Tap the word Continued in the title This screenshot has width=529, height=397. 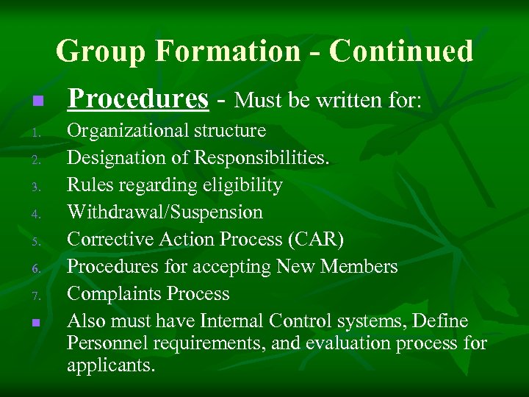click(x=401, y=51)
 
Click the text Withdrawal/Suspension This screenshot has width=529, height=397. click(x=165, y=212)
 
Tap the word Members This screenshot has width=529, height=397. click(x=360, y=267)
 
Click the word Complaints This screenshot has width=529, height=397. click(x=114, y=294)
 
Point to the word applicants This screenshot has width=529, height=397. click(x=111, y=365)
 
